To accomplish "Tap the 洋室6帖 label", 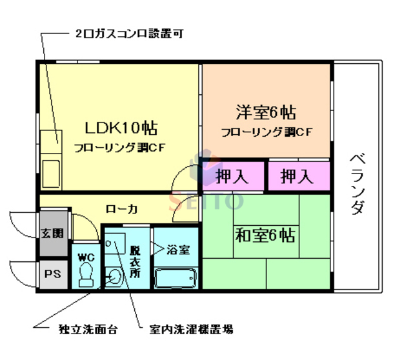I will coord(265,112).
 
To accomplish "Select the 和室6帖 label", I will coord(265,235).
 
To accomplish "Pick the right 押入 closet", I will coord(297,175).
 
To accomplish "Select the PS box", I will coord(52,273).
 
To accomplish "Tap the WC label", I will coord(86,256).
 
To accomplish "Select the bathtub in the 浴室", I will coord(176,277).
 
